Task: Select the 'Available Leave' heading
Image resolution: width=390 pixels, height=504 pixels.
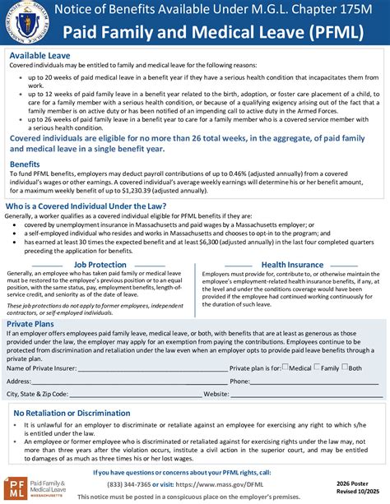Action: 39,55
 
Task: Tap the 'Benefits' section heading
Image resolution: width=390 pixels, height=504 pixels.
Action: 25,164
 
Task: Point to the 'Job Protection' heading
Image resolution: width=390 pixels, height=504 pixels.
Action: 100,265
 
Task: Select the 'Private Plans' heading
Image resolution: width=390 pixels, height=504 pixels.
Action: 32,325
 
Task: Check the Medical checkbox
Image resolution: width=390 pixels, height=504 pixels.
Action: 286,368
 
